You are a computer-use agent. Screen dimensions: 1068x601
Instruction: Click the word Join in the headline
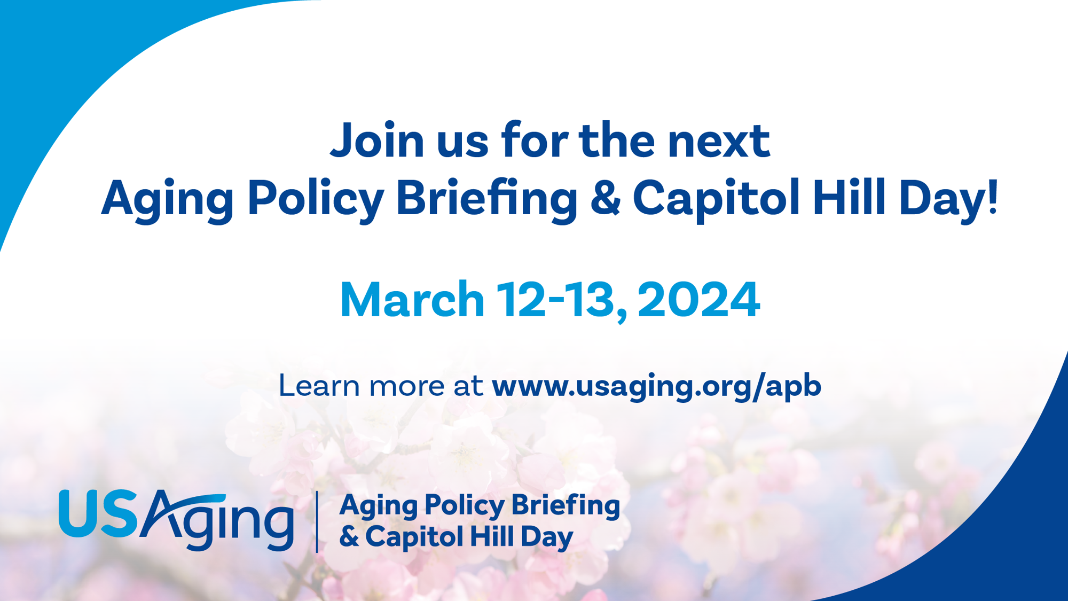click(377, 140)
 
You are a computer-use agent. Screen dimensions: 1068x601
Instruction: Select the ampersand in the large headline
click(606, 198)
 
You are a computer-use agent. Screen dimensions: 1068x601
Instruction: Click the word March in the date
click(412, 300)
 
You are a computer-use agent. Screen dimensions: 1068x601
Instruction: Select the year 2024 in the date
click(698, 300)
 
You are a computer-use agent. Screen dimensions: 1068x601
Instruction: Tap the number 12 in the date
click(522, 300)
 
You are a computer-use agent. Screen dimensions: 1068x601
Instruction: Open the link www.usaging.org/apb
click(656, 386)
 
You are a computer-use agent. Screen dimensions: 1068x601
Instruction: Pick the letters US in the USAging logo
click(98, 513)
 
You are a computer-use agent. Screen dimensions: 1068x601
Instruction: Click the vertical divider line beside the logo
click(317, 521)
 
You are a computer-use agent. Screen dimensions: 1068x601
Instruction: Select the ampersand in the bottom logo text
click(349, 537)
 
